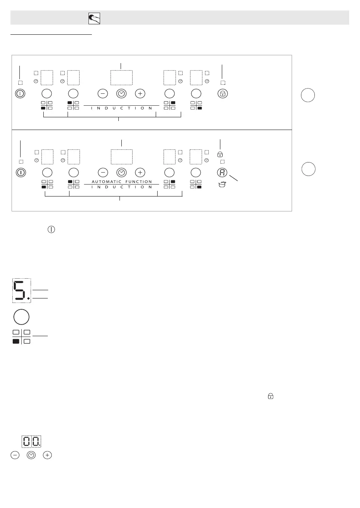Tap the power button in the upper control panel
coord(20,94)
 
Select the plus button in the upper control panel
coord(140,94)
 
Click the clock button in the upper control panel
coord(121,94)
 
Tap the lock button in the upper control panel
coord(223,94)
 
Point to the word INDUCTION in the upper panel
coord(122,108)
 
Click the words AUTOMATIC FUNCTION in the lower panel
coord(122,182)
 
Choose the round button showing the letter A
coord(222,173)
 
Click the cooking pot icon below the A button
coord(222,184)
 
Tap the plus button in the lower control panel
coord(140,173)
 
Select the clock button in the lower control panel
coord(121,173)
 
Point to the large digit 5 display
coord(21,290)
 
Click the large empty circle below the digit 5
coord(21,317)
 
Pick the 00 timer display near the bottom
coord(31,442)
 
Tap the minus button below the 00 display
coord(15,455)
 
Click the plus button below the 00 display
coord(47,455)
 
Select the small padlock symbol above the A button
coord(220,154)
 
